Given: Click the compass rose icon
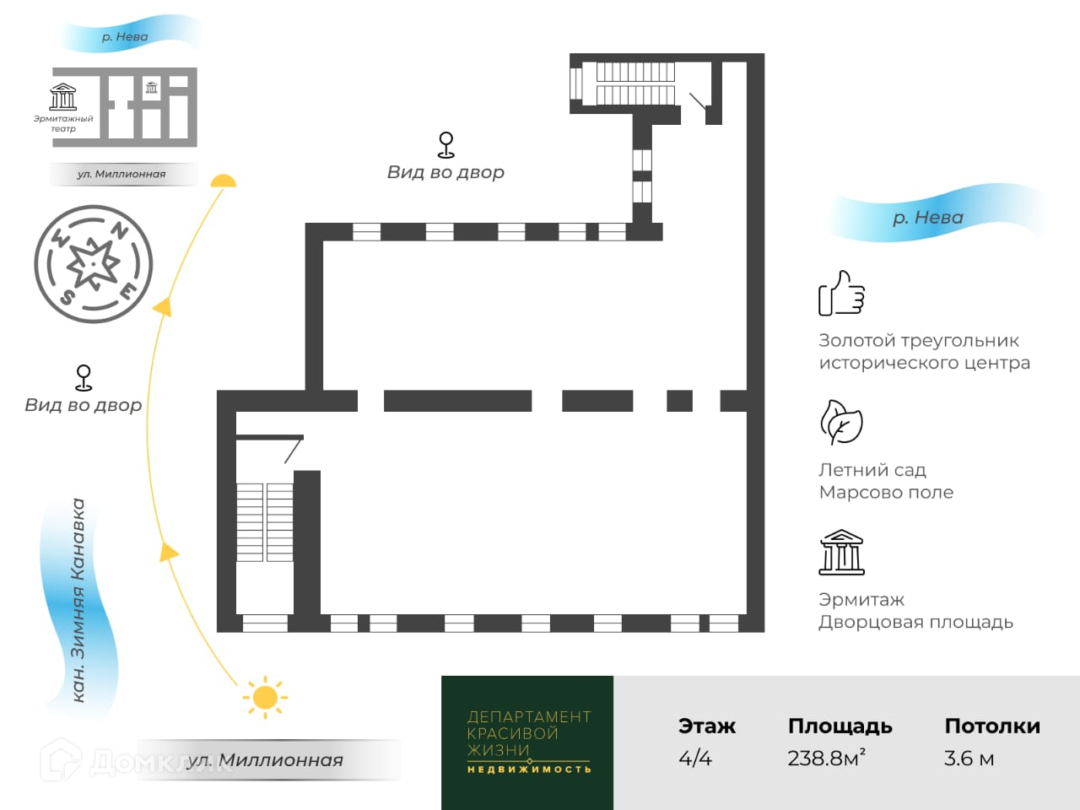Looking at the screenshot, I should (93, 264).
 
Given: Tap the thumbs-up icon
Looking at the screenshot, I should (841, 294).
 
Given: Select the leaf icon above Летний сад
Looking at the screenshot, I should (841, 423).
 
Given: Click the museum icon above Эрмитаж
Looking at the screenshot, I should (841, 552).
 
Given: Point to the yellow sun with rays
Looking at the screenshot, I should (265, 697).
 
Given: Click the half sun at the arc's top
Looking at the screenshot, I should (224, 181).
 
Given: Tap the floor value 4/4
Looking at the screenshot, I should (695, 758).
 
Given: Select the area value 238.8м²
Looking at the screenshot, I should (826, 758).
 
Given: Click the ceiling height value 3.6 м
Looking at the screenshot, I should (969, 758).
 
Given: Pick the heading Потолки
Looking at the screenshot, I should (991, 726).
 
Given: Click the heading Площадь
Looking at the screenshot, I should (840, 726).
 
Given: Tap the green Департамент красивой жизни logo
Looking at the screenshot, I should (528, 742).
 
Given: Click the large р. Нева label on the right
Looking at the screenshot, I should (928, 217).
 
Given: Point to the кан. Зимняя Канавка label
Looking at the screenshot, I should (78, 600).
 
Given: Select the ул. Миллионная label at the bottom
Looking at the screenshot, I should (265, 760).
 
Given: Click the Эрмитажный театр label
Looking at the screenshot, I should (63, 123).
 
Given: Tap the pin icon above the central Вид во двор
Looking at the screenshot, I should (446, 144).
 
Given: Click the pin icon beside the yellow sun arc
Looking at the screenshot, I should (84, 377).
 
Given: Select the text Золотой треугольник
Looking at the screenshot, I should (919, 341).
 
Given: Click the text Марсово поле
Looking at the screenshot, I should (886, 492).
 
